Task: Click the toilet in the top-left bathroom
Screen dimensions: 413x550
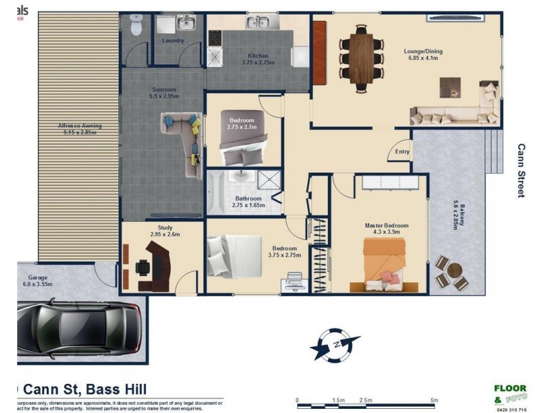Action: (x=134, y=25)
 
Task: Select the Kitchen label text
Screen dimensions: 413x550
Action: (x=258, y=59)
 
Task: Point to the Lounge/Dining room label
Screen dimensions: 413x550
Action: (x=423, y=53)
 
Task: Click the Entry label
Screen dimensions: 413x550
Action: (x=402, y=152)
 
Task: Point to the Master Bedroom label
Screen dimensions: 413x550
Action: (x=386, y=229)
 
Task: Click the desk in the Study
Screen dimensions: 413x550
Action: (x=158, y=265)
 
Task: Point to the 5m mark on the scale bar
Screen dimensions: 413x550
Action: (x=434, y=400)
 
